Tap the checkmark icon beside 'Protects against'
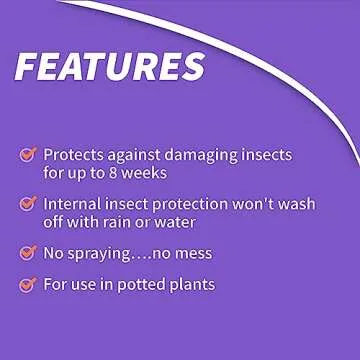tap(28, 154)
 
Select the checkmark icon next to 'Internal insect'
tap(28, 203)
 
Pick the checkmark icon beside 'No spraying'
tap(28, 252)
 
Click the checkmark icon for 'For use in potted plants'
tap(28, 285)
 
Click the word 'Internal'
tap(74, 203)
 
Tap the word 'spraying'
tap(102, 253)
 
